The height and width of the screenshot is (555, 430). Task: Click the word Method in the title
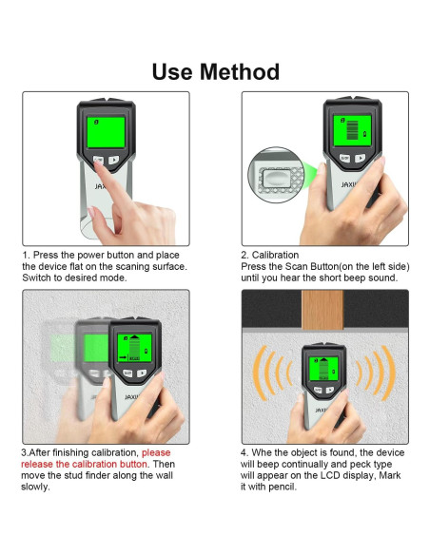coord(240,72)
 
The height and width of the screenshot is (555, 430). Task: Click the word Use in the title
coord(173,72)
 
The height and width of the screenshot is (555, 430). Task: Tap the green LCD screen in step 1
coord(106,132)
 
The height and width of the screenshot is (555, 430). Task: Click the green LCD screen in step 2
coord(352,130)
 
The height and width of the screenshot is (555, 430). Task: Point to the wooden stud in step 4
coord(322,310)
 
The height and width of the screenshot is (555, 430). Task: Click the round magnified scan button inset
coord(276,175)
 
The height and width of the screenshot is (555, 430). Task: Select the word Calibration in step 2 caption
coord(275,255)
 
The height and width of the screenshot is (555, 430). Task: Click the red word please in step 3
coord(156,452)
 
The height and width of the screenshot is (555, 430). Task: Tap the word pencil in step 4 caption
coord(282,487)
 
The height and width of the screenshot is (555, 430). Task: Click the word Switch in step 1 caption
coord(37,277)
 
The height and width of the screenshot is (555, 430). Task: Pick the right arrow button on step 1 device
coord(113,160)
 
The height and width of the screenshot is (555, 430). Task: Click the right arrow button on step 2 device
coord(361,158)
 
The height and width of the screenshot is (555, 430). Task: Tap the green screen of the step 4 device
coord(323,369)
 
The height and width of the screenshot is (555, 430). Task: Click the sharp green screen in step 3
coord(134,348)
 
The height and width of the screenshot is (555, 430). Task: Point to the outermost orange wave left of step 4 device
coord(260,373)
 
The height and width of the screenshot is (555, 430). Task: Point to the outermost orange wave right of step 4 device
coord(388,373)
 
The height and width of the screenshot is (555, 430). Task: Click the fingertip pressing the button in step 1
coord(99,166)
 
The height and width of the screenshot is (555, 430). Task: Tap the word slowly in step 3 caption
coord(35,487)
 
